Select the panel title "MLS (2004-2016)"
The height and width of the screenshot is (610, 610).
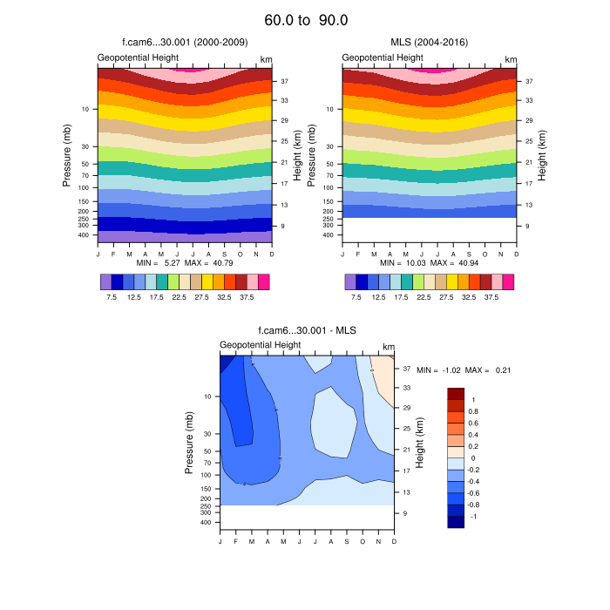[x=429, y=42]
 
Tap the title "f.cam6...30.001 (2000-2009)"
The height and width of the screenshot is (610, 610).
[x=184, y=42]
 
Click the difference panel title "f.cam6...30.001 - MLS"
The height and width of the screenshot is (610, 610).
[x=307, y=330]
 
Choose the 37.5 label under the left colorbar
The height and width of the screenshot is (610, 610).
[x=247, y=296]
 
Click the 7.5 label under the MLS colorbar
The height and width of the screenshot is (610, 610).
[x=356, y=296]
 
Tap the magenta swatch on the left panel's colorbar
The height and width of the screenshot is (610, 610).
[x=264, y=281]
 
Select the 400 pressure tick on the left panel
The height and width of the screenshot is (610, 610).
[x=85, y=235]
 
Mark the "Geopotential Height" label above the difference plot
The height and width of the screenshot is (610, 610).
[x=261, y=345]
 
